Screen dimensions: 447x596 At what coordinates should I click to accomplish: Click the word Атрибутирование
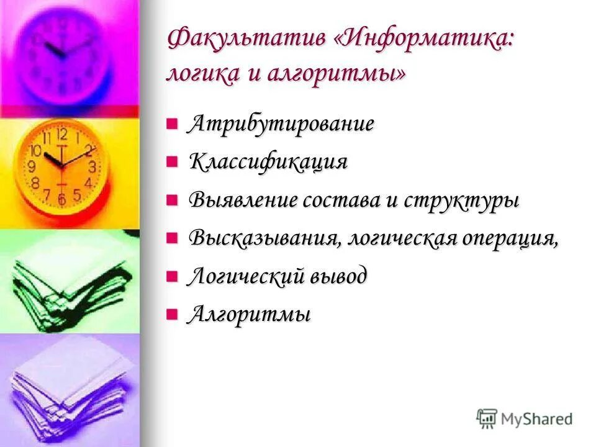click(281, 124)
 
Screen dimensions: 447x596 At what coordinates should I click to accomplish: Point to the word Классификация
click(268, 162)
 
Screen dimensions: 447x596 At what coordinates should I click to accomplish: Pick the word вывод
click(339, 276)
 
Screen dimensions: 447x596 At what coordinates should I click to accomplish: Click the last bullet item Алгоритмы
click(249, 314)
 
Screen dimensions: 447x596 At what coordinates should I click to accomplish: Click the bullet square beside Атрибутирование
click(172, 123)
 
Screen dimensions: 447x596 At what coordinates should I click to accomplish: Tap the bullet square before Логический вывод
click(172, 276)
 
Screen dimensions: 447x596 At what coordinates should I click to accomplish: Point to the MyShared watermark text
click(536, 419)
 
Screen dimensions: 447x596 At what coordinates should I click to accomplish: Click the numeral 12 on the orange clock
click(61, 133)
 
